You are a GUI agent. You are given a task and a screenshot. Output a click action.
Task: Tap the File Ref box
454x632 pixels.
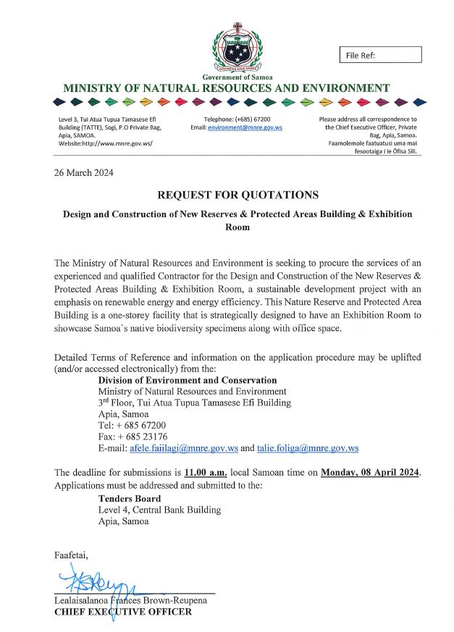pyautogui.click(x=380, y=55)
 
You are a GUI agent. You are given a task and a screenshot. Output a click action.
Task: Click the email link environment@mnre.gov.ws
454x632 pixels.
pyautogui.click(x=245, y=127)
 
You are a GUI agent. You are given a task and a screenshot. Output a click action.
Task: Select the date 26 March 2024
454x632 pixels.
pyautogui.click(x=83, y=172)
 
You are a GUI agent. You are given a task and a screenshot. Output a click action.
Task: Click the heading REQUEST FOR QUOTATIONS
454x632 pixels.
pyautogui.click(x=237, y=195)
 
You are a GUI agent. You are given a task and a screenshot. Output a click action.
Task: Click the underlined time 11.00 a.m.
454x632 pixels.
pyautogui.click(x=206, y=473)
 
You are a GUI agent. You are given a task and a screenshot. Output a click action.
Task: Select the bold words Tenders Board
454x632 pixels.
pyautogui.click(x=130, y=498)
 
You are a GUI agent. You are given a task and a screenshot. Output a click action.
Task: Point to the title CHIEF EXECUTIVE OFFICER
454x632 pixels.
pyautogui.click(x=123, y=612)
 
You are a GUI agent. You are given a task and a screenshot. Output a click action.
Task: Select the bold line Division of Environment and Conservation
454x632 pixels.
pyautogui.click(x=188, y=380)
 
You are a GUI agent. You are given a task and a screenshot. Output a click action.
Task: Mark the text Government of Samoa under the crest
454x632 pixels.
pyautogui.click(x=236, y=77)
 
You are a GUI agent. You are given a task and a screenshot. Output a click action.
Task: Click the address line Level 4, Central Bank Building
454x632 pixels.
pyautogui.click(x=159, y=510)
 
